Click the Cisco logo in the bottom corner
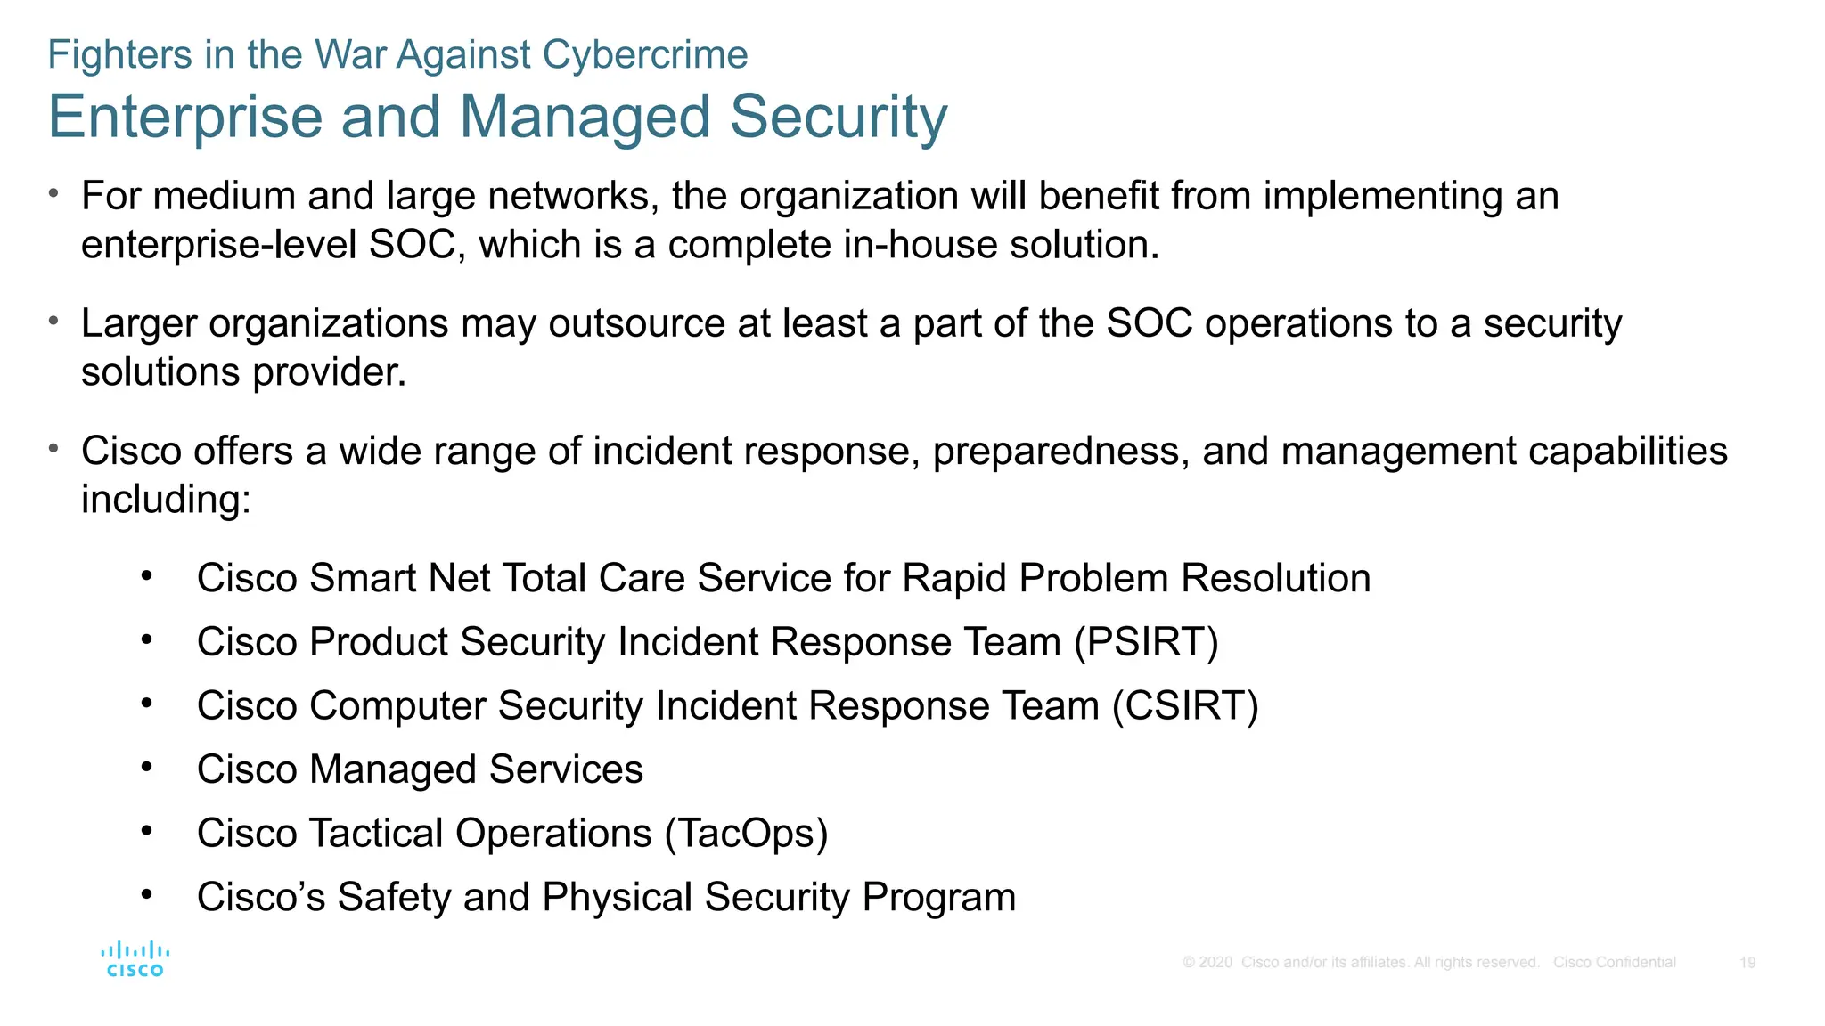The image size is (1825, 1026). click(x=135, y=959)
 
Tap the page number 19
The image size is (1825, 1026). click(x=1747, y=963)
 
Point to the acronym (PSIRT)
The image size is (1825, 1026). click(x=1146, y=642)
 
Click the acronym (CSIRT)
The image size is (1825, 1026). click(x=1185, y=706)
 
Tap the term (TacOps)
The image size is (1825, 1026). click(x=746, y=834)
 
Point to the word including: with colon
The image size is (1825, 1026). click(x=167, y=499)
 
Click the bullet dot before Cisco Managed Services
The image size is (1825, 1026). click(x=147, y=767)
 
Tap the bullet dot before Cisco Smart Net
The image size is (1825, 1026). click(x=147, y=576)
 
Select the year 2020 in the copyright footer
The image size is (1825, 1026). click(x=1215, y=963)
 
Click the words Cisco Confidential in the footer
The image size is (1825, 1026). click(x=1614, y=963)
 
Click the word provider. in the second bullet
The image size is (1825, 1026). click(x=330, y=372)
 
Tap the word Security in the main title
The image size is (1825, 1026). click(x=839, y=117)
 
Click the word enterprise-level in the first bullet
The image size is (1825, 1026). click(x=219, y=245)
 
